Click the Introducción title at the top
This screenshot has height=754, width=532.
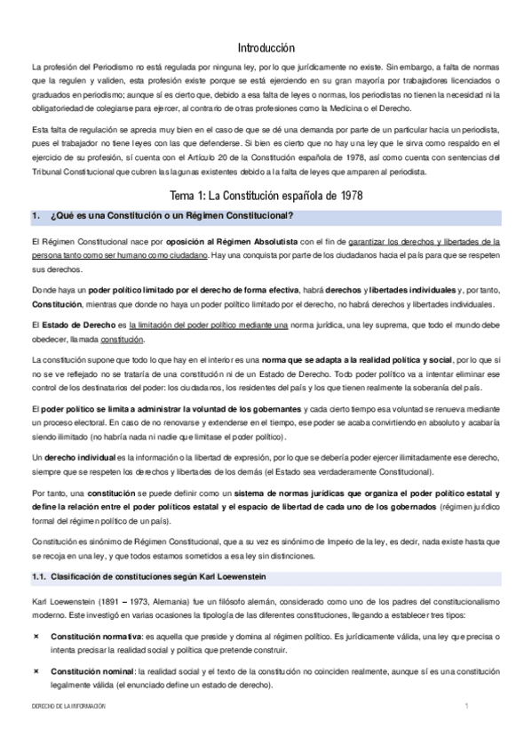pos(266,47)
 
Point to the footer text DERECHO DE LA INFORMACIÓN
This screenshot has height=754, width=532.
pos(67,705)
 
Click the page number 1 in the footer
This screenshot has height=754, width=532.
pos(465,705)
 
